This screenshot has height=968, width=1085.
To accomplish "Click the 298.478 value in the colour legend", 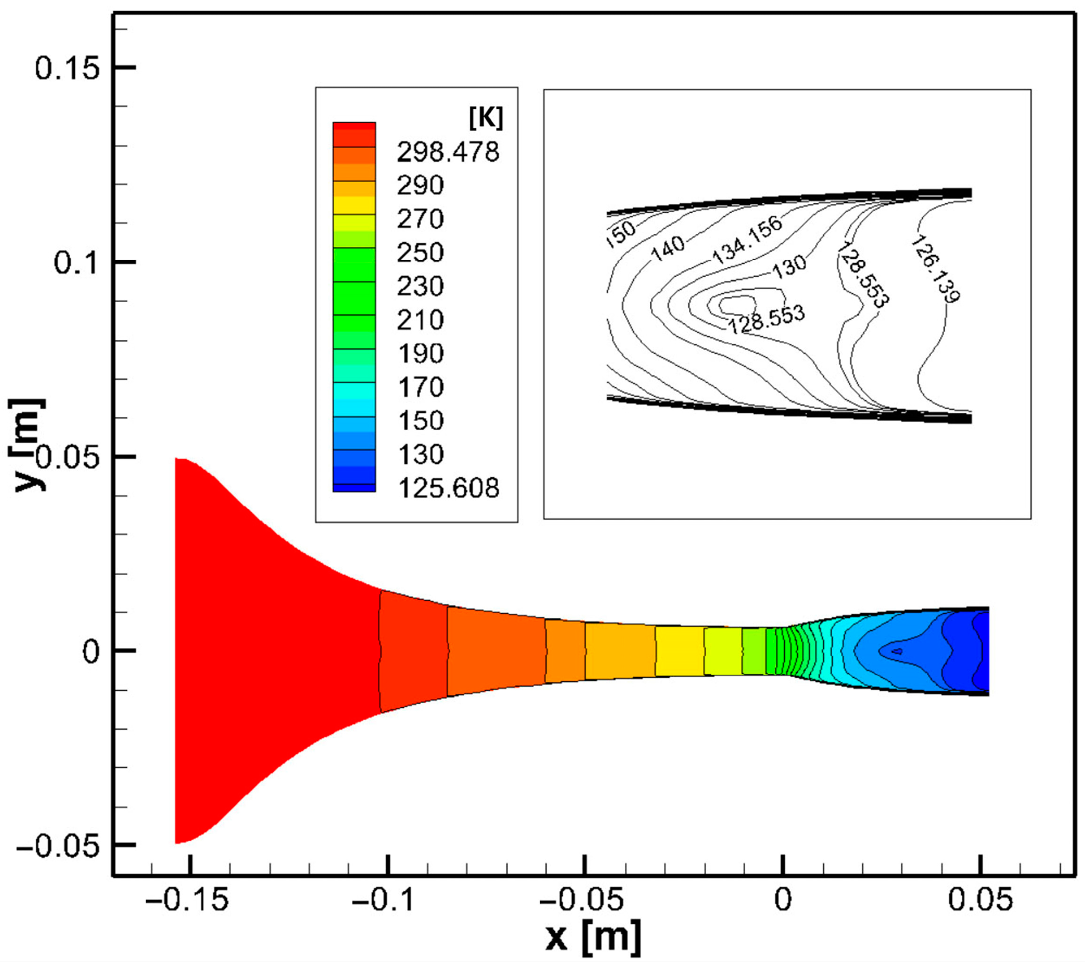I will click(x=448, y=152).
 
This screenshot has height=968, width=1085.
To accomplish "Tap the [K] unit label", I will click(x=486, y=118).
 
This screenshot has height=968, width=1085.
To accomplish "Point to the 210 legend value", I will click(x=420, y=320).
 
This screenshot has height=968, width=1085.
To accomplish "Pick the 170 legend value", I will click(x=420, y=387).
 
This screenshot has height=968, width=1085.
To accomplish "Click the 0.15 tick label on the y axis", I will click(x=68, y=68).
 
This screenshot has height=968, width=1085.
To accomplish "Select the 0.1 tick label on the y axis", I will click(x=77, y=263).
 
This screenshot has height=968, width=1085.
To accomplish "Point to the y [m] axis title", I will click(x=27, y=445).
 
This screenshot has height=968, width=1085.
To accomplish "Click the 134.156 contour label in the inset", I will click(x=747, y=240).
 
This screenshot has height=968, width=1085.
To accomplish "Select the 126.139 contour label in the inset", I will click(x=935, y=270).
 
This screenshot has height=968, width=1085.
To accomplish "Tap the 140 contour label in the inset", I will click(x=668, y=249).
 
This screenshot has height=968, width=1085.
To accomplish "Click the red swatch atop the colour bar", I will click(x=354, y=127).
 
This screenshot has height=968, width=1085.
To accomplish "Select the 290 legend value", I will click(x=420, y=185).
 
